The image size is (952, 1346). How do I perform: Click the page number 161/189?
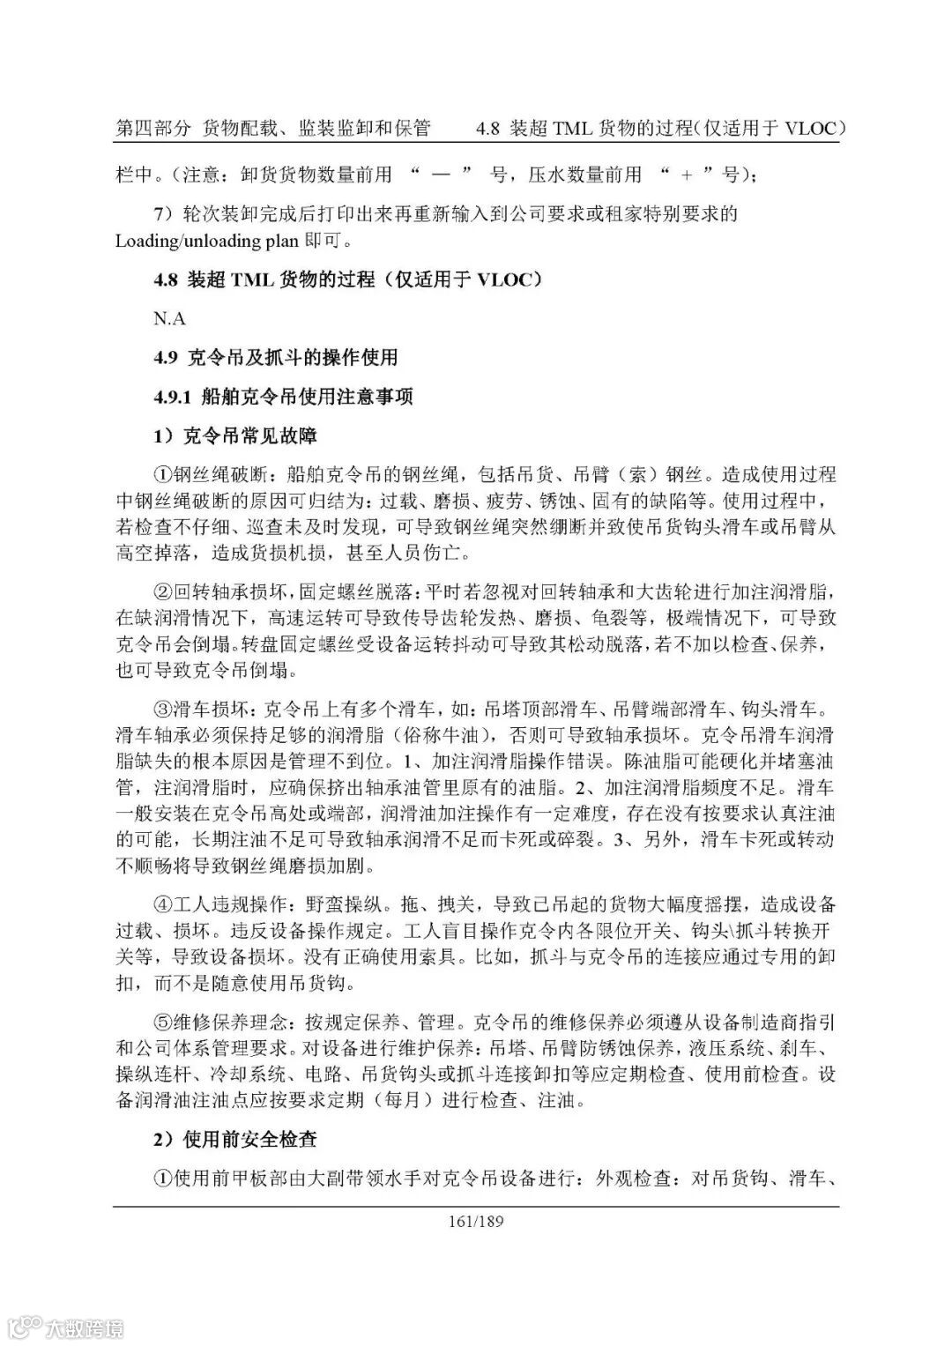477,1221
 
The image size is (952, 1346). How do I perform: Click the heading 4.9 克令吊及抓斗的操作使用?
276,357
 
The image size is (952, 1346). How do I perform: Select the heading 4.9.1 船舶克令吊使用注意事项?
283,397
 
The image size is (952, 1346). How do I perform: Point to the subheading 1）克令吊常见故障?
234,435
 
